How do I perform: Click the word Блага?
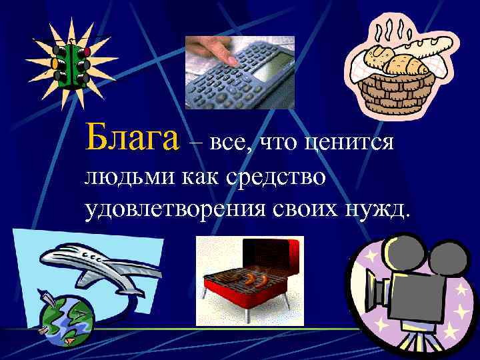[x=132, y=138]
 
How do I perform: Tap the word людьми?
[x=122, y=178]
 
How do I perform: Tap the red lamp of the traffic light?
[x=85, y=51]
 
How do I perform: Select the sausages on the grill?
[x=253, y=276]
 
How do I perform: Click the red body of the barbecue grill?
[x=247, y=294]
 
